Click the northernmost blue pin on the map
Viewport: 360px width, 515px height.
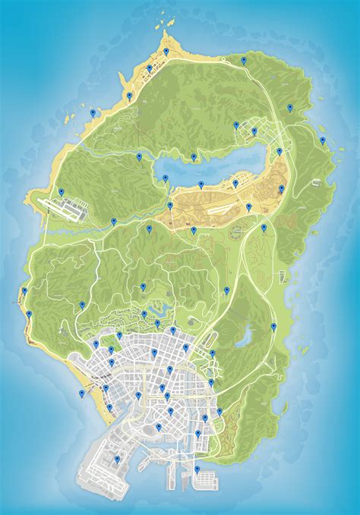click(166, 51)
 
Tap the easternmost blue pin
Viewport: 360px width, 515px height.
click(323, 141)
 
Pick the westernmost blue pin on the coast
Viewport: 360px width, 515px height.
click(24, 291)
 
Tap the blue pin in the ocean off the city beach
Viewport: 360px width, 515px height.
click(82, 393)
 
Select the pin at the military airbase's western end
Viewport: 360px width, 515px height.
click(62, 191)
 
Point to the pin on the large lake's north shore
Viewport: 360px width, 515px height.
click(194, 157)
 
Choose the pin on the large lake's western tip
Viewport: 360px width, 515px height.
click(164, 178)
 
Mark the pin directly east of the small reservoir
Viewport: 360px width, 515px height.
click(273, 327)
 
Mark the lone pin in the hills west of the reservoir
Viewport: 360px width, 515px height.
click(226, 290)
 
